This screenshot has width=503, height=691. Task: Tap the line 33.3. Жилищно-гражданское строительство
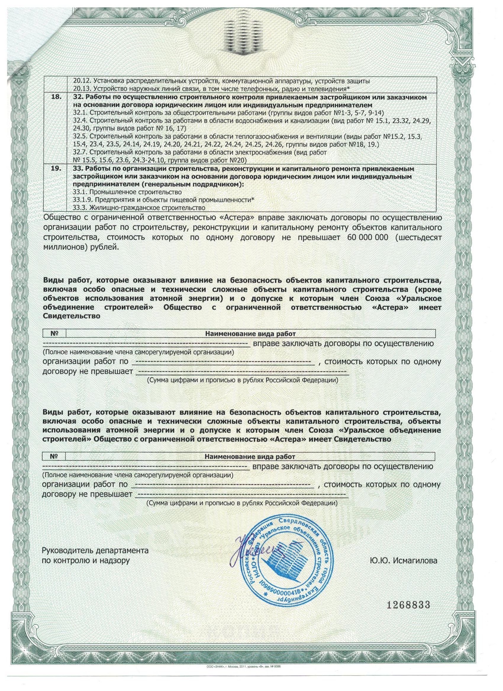click(138, 208)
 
